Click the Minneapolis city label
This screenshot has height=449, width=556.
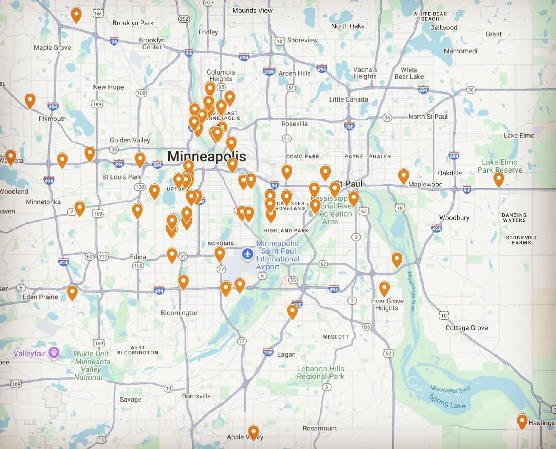pyautogui.click(x=207, y=156)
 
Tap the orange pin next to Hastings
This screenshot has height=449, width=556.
pyautogui.click(x=522, y=421)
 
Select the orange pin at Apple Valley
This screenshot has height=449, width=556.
pyautogui.click(x=253, y=432)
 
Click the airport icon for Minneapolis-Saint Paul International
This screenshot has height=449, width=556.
pyautogui.click(x=247, y=254)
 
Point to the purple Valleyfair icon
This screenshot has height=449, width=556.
pyautogui.click(x=54, y=353)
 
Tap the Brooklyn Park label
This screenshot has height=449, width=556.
pyautogui.click(x=133, y=23)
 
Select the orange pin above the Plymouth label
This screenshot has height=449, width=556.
pyautogui.click(x=30, y=100)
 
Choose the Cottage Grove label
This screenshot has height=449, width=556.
pyautogui.click(x=466, y=328)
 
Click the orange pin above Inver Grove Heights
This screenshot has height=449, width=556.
pyautogui.click(x=384, y=288)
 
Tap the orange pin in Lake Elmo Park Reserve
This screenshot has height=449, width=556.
pyautogui.click(x=499, y=179)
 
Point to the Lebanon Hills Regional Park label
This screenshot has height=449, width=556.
pyautogui.click(x=320, y=373)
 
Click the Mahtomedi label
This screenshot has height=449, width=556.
pyautogui.click(x=460, y=51)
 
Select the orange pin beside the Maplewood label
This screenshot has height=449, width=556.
pyautogui.click(x=403, y=176)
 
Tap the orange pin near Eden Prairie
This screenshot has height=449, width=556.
pyautogui.click(x=72, y=292)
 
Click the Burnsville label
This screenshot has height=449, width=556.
pyautogui.click(x=197, y=396)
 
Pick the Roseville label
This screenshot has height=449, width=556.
pyautogui.click(x=294, y=124)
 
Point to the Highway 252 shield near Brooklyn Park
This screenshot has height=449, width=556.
pyautogui.click(x=184, y=19)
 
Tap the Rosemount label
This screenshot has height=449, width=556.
pyautogui.click(x=319, y=429)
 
